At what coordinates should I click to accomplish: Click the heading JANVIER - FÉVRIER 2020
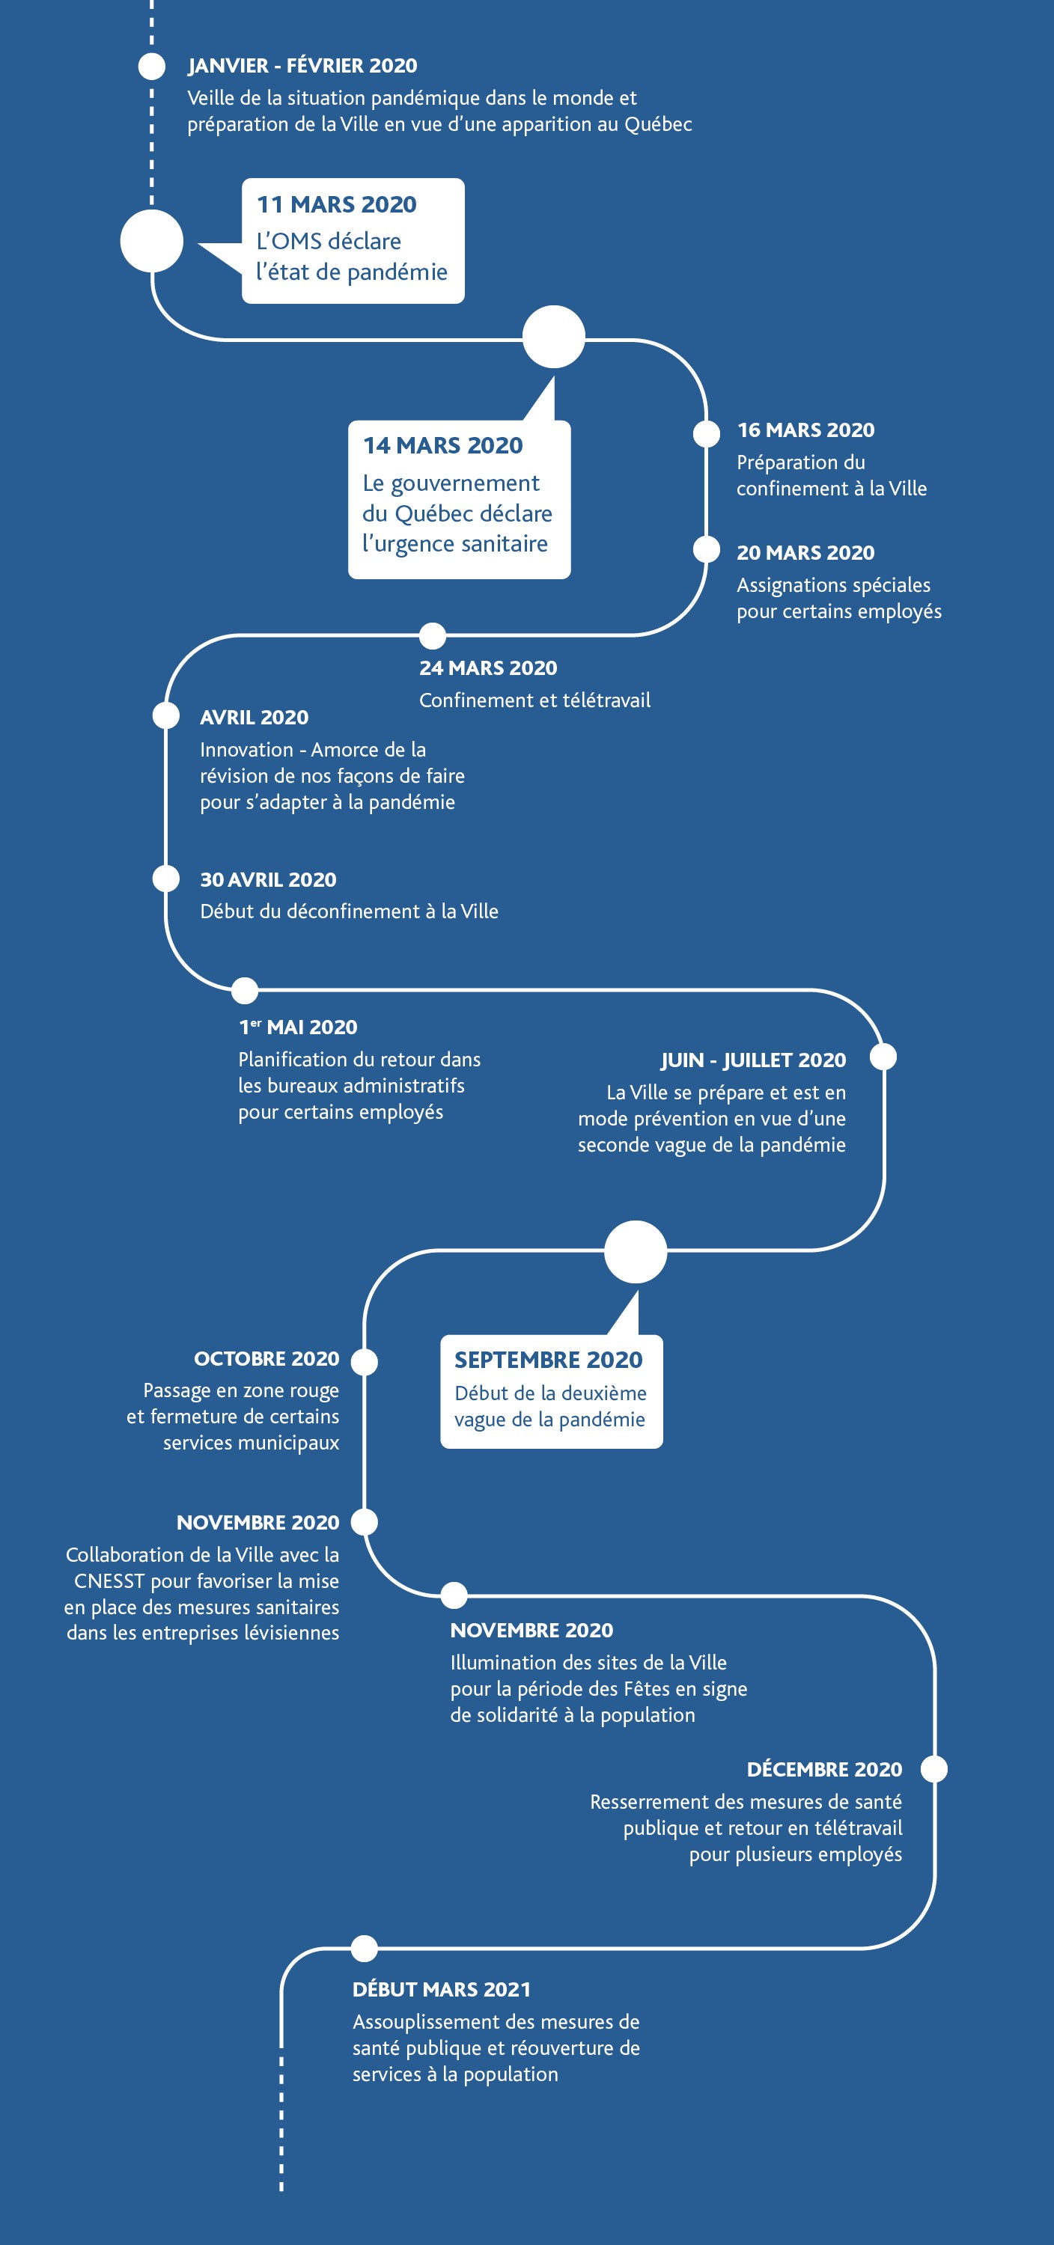[302, 65]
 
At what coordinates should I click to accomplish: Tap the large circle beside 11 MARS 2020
[152, 240]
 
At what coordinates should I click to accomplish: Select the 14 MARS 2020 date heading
[443, 445]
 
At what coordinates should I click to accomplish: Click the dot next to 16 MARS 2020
[706, 433]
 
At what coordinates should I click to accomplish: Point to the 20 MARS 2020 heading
[805, 552]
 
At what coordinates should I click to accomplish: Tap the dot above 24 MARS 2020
[433, 635]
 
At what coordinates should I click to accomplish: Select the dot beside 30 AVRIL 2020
[165, 878]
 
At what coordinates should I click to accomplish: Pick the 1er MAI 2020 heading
[298, 1027]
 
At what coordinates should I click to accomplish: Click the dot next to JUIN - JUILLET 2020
[884, 1056]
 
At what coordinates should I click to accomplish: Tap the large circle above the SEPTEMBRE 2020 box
[636, 1251]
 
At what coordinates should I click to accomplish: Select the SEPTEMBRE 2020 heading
[549, 1360]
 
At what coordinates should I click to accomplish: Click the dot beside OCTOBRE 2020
[365, 1361]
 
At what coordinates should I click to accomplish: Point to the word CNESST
[109, 1581]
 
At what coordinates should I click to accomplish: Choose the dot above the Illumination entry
[454, 1595]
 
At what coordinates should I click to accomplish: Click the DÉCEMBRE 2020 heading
[825, 1768]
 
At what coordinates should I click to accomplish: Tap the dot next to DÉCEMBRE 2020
[934, 1768]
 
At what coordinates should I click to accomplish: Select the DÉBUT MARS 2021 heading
[442, 1989]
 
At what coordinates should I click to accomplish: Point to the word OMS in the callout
[297, 242]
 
